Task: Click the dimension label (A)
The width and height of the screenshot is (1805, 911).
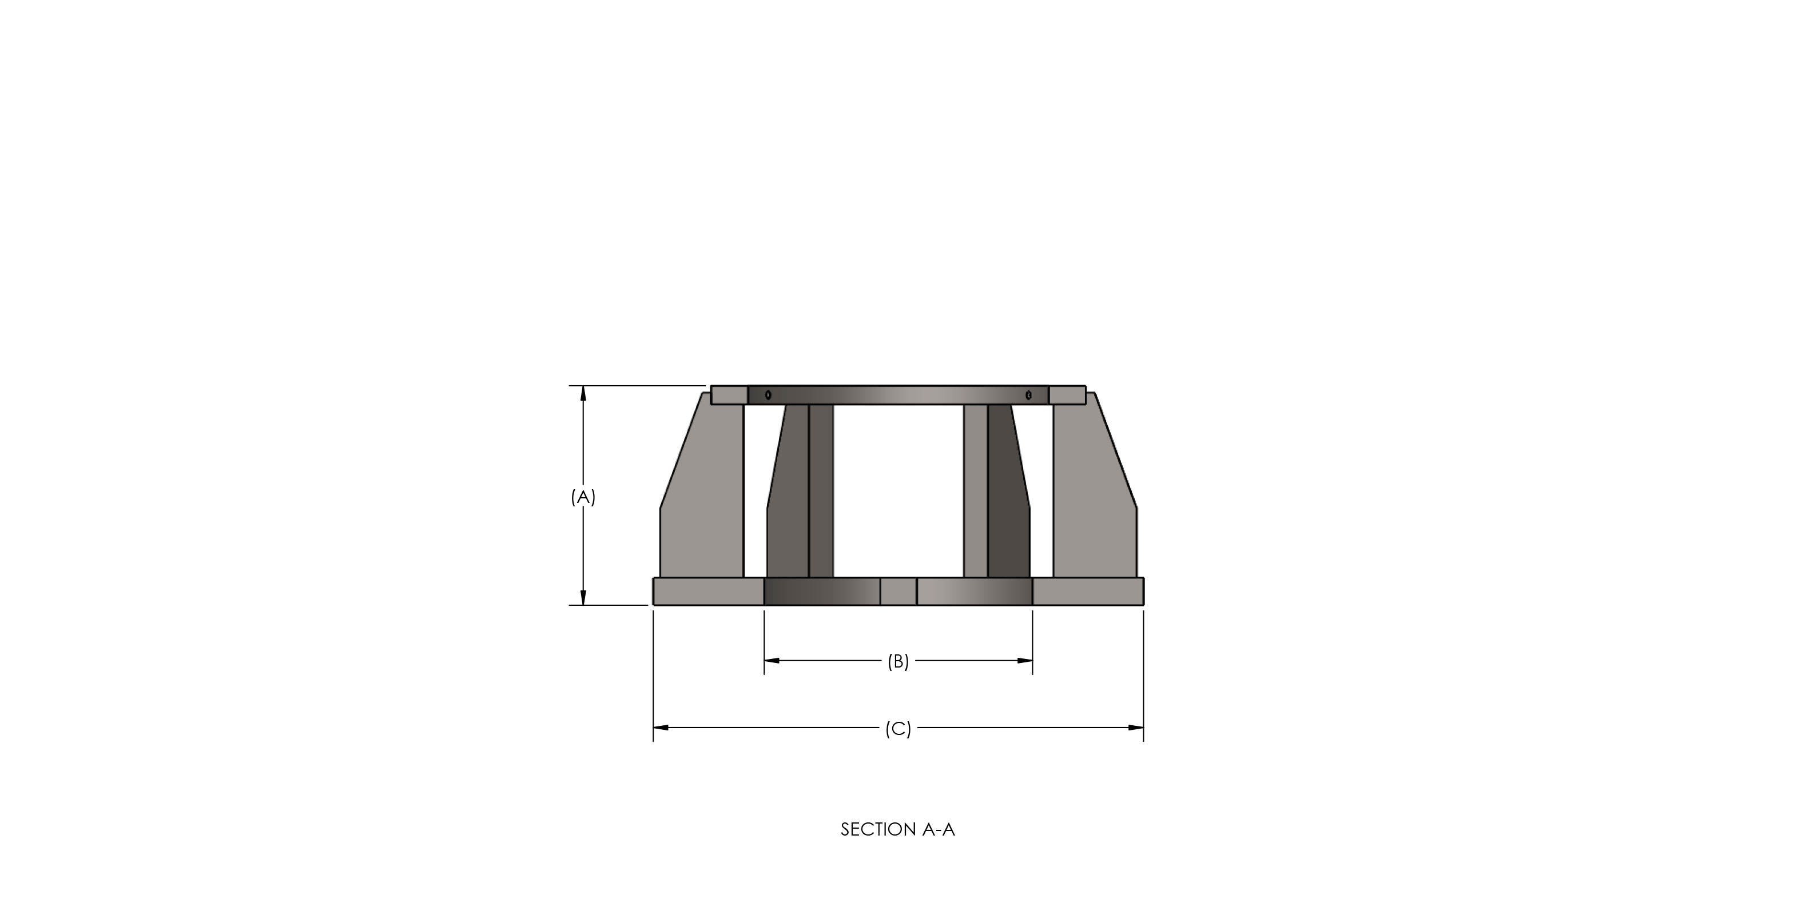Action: coord(583,497)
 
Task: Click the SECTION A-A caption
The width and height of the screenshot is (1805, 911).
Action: coord(897,830)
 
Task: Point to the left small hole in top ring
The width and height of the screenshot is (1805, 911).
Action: coord(768,395)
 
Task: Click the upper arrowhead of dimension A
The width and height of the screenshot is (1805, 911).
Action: coord(583,393)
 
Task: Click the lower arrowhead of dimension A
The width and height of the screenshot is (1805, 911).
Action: coord(583,597)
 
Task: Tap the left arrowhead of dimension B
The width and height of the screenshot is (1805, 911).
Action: coord(772,660)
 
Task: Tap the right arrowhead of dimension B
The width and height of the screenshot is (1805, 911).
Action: coord(1025,660)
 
